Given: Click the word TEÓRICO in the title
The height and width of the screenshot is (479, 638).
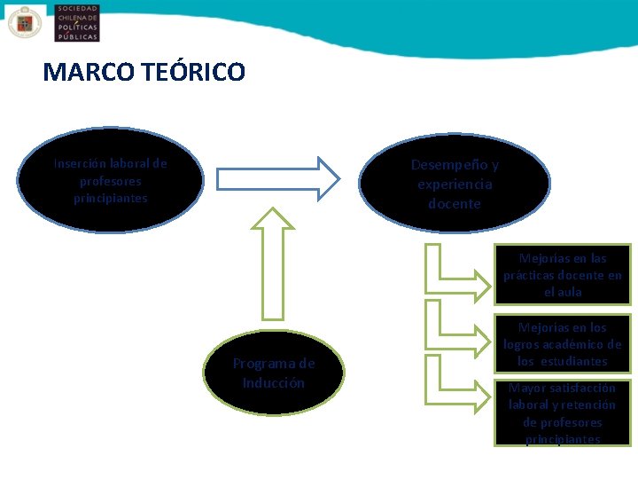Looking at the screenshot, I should point(192,72).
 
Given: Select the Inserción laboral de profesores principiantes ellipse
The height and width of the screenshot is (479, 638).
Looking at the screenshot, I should point(110,181).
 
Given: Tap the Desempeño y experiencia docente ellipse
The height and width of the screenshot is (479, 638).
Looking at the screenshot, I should point(454,184).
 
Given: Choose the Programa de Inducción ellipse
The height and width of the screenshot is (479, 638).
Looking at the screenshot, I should point(273,373).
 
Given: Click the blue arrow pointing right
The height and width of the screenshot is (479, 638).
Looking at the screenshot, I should point(278,179).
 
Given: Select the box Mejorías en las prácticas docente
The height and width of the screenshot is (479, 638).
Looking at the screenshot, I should point(563,275).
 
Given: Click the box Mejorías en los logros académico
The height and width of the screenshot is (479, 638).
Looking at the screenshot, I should point(563,344).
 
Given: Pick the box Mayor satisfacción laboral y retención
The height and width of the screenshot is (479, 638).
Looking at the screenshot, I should point(563,413).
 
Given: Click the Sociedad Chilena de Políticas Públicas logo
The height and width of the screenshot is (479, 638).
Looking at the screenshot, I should point(77,22).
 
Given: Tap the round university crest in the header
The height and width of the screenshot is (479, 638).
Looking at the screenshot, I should point(25,22).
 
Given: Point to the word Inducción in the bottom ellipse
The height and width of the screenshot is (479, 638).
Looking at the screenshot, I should point(273,383).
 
